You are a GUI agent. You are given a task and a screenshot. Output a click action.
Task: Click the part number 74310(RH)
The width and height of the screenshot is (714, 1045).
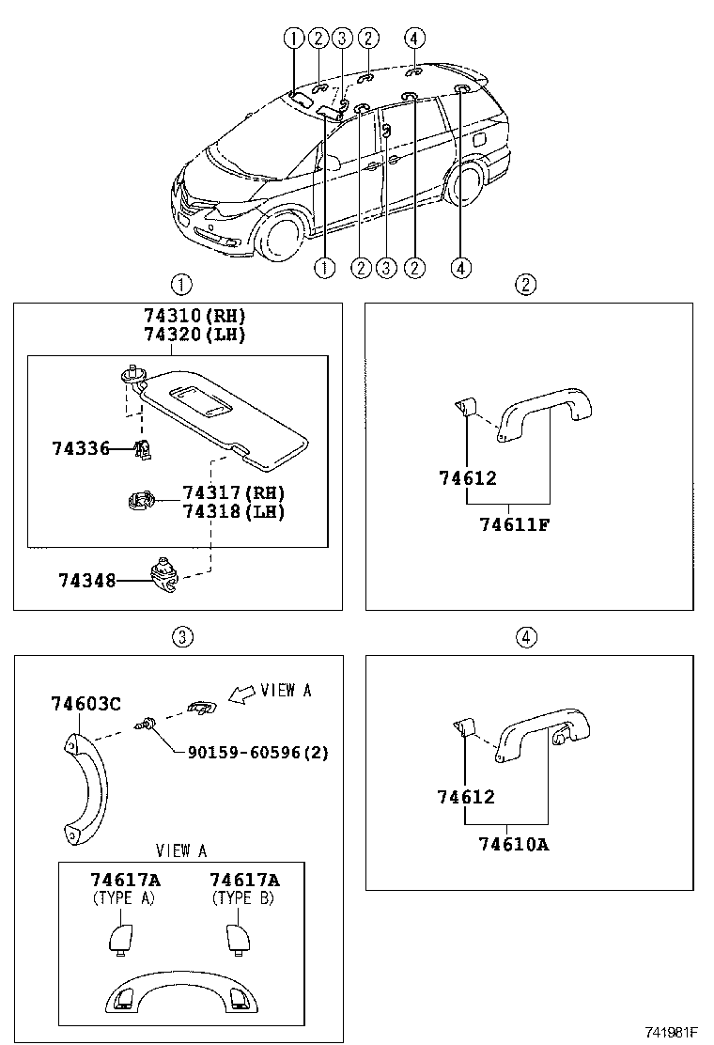click(x=195, y=316)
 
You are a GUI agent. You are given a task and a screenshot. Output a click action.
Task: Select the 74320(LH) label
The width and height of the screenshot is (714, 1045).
click(x=195, y=334)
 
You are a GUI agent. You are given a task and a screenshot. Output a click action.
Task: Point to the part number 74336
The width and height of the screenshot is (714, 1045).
click(x=81, y=450)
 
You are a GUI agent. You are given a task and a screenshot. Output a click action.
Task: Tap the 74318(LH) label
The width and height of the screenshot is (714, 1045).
click(x=234, y=511)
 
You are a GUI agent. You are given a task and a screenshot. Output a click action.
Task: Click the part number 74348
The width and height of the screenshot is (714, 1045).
click(x=87, y=581)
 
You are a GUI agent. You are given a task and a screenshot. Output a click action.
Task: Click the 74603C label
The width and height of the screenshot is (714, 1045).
click(x=86, y=705)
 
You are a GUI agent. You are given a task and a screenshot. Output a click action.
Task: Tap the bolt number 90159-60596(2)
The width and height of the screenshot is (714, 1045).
click(x=258, y=752)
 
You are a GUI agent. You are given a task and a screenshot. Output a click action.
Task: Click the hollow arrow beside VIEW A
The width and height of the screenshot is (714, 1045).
click(x=241, y=694)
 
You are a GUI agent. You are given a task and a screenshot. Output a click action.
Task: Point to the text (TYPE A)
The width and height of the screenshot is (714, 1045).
click(x=124, y=897)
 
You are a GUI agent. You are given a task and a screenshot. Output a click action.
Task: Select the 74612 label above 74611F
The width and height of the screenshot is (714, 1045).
click(x=467, y=478)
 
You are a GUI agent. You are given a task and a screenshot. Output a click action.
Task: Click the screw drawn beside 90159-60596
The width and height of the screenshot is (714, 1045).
click(x=147, y=725)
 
